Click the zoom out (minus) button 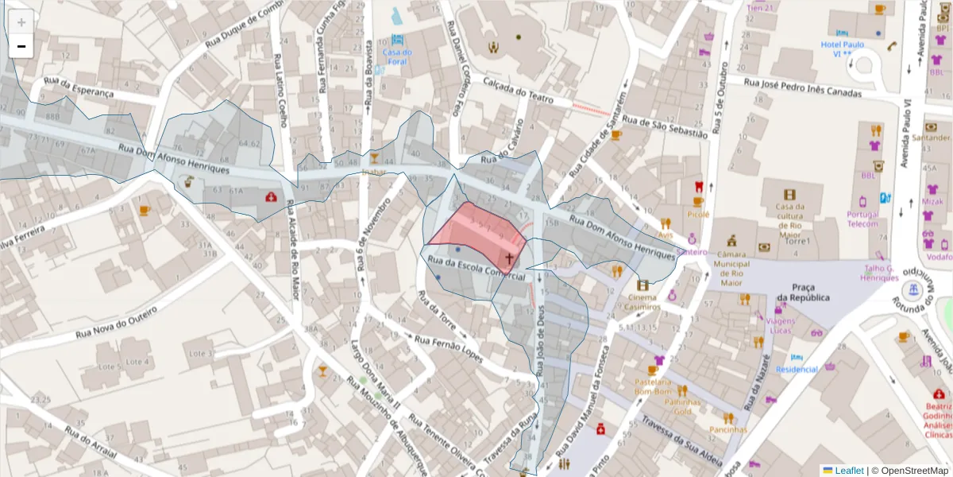(21, 47)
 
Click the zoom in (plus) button (21, 22)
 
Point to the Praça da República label (803, 292)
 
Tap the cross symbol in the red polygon (510, 258)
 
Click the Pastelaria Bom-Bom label (654, 387)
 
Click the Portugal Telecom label (862, 219)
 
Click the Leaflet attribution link (848, 471)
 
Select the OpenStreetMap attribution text (914, 471)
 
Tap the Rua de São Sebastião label (665, 127)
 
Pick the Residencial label (797, 369)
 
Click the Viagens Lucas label (781, 324)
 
